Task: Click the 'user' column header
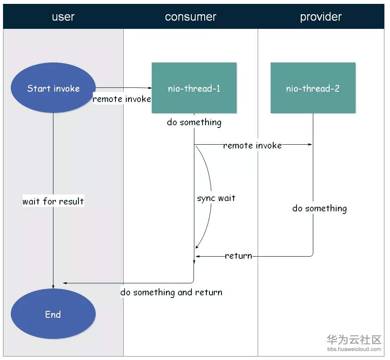tap(63, 17)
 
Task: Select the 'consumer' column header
tap(190, 17)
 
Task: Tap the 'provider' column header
tap(321, 17)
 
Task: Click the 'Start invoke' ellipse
tap(53, 87)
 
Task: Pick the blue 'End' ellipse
tap(53, 314)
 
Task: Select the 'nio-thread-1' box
tap(194, 88)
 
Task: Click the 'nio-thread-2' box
tap(313, 88)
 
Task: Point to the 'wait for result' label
tap(53, 201)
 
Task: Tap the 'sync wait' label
tap(216, 198)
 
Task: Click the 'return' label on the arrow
tap(238, 256)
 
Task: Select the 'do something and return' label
tap(172, 292)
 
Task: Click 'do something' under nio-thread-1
tap(194, 122)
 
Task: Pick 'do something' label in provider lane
tap(320, 208)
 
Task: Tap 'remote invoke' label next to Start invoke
tap(122, 99)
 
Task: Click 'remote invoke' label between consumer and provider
tap(253, 145)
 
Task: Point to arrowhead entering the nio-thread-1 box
tap(150, 88)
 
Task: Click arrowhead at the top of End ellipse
tap(53, 287)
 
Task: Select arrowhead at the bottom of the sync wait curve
tap(197, 247)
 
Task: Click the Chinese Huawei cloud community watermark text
tap(354, 340)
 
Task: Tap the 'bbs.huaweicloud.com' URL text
tap(354, 349)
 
